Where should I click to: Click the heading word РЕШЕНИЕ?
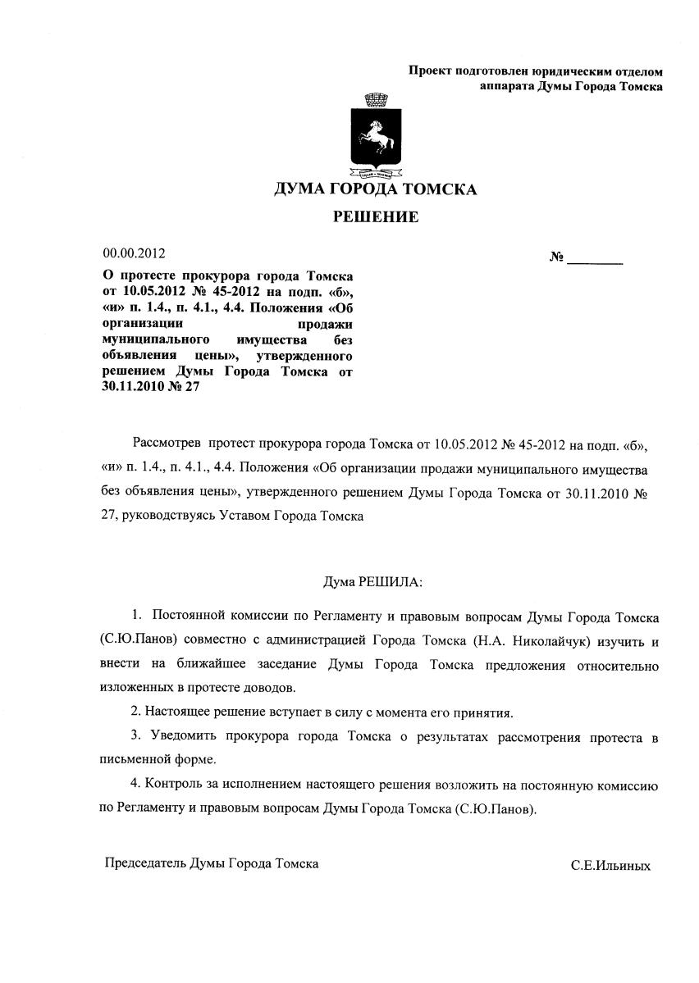pyautogui.click(x=375, y=217)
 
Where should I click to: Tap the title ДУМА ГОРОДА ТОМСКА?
pyautogui.click(x=375, y=190)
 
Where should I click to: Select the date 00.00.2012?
pyautogui.click(x=133, y=254)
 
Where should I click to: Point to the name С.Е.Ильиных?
pyautogui.click(x=610, y=866)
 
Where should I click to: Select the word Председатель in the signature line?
pyautogui.click(x=145, y=864)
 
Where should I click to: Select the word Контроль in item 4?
pyautogui.click(x=170, y=785)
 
